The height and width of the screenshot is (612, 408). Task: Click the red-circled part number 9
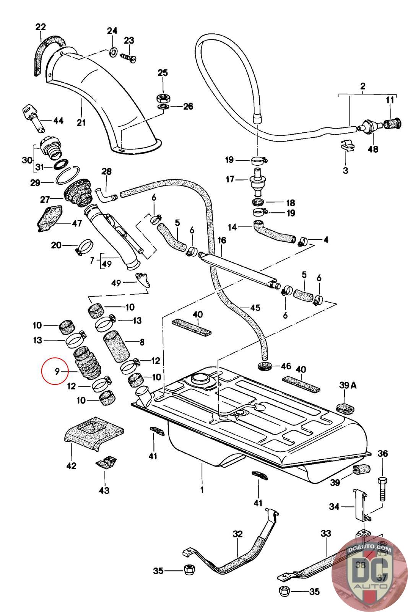pos(56,371)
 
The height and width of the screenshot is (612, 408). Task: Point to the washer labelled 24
pos(112,52)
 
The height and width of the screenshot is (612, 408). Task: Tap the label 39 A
pos(348,385)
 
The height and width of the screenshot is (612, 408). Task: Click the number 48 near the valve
pos(373,149)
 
